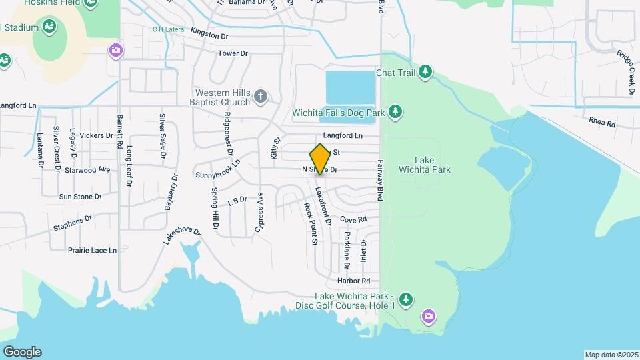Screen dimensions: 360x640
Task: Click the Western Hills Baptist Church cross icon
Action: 261,97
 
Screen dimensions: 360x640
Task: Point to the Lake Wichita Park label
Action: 433,165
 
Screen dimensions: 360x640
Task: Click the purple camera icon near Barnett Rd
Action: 116,49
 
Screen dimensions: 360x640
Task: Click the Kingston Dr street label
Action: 209,31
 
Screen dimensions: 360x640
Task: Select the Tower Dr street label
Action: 233,53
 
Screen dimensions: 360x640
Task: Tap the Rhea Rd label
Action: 602,123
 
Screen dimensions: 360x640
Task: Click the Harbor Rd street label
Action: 353,281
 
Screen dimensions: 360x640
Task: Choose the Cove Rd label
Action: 353,219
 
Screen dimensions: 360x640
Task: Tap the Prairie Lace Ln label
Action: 92,251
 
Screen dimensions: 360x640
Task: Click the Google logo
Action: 22,352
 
